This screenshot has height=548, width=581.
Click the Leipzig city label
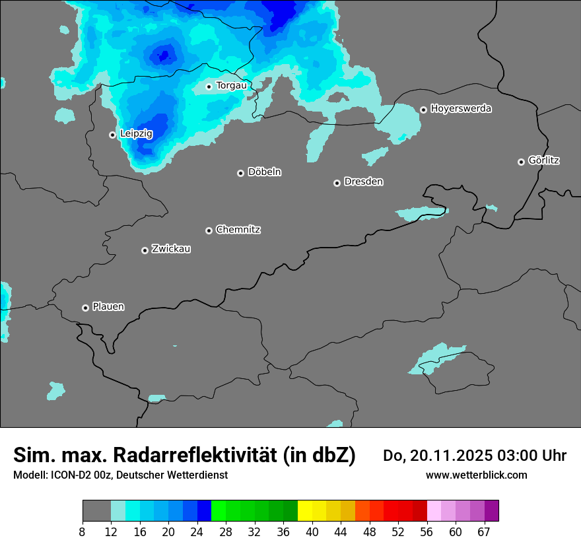click(x=136, y=133)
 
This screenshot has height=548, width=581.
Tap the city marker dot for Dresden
click(x=337, y=183)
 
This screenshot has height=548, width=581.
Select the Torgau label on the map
click(x=231, y=85)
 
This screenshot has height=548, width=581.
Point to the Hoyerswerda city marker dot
click(x=423, y=110)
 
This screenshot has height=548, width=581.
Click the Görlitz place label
click(x=544, y=160)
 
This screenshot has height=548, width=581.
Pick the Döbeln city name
click(x=264, y=172)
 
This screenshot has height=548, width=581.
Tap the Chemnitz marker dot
click(x=209, y=230)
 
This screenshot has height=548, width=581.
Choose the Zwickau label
click(x=171, y=249)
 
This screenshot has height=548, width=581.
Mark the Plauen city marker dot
click(x=85, y=308)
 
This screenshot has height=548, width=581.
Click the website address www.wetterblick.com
click(x=477, y=475)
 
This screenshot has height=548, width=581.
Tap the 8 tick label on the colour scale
click(x=83, y=532)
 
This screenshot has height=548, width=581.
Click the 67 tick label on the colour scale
click(x=484, y=532)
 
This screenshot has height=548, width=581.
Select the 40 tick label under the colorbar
click(x=312, y=532)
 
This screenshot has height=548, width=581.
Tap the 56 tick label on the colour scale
click(x=427, y=532)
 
